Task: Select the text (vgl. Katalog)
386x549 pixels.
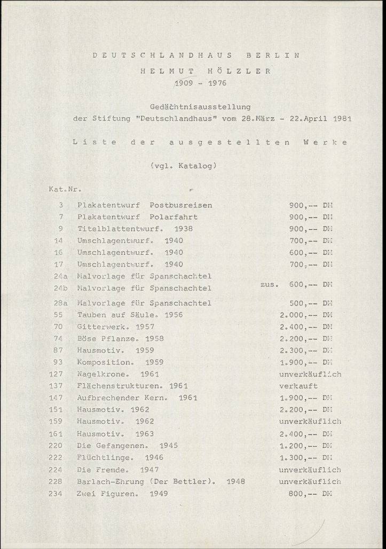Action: tap(184, 166)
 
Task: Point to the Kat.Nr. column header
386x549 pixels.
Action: tap(64, 188)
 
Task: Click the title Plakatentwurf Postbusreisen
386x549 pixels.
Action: tap(145, 205)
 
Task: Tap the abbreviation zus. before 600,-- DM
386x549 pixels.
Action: tap(270, 284)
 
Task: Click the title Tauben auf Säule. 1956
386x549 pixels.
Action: tap(130, 315)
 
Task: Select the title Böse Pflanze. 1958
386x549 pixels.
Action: tap(120, 338)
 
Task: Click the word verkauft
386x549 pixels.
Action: tap(298, 385)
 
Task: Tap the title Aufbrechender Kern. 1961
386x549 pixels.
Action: tap(137, 398)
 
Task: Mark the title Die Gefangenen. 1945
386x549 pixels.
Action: tap(128, 445)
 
